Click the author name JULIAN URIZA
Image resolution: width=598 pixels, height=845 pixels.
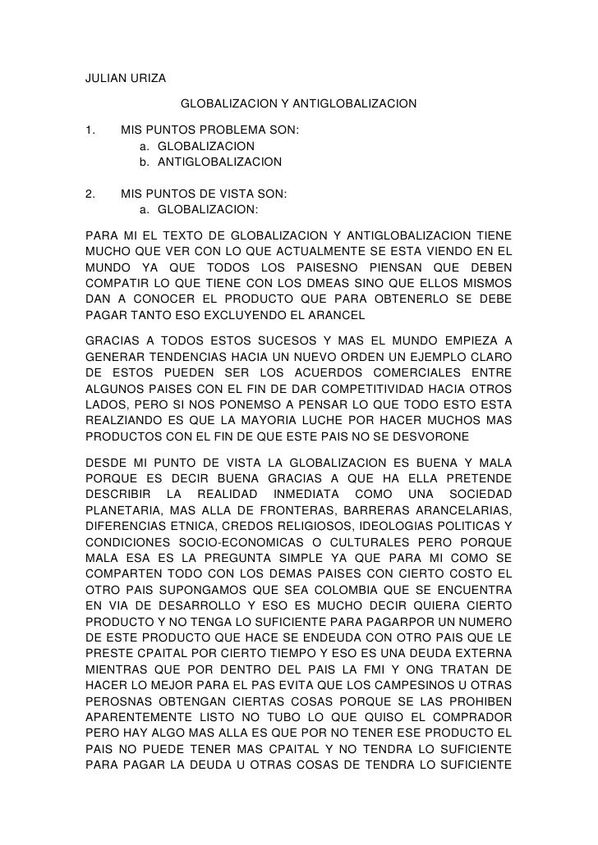click(x=126, y=79)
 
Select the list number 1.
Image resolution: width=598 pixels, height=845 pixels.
click(x=91, y=130)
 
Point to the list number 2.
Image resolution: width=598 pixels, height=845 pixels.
click(x=91, y=194)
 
